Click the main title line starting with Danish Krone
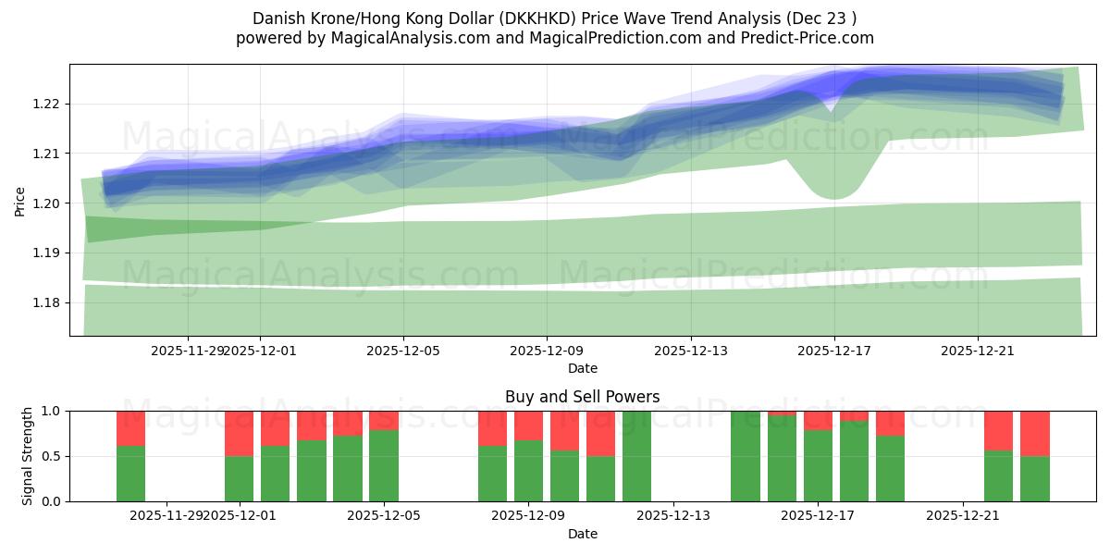pyautogui.click(x=554, y=18)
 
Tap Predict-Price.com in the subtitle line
pyautogui.click(x=802, y=38)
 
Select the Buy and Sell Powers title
pyautogui.click(x=582, y=397)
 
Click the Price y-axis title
pyautogui.click(x=20, y=200)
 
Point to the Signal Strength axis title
pyautogui.click(x=28, y=456)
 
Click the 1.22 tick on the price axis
pyautogui.click(x=46, y=104)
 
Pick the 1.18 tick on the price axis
pyautogui.click(x=46, y=302)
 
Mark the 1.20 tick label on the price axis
pyautogui.click(x=46, y=203)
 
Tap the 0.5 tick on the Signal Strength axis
pyautogui.click(x=52, y=456)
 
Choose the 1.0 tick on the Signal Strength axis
pyautogui.click(x=52, y=411)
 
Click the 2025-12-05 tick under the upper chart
pyautogui.click(x=402, y=351)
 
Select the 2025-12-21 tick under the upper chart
pyautogui.click(x=977, y=351)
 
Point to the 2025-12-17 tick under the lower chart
pyautogui.click(x=818, y=516)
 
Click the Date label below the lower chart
pyautogui.click(x=582, y=534)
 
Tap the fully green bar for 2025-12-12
pyautogui.click(x=636, y=456)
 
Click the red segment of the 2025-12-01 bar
pyautogui.click(x=239, y=433)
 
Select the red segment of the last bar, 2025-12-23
pyautogui.click(x=1034, y=433)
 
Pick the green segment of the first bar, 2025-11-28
pyautogui.click(x=130, y=474)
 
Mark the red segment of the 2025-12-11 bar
pyautogui.click(x=600, y=433)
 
